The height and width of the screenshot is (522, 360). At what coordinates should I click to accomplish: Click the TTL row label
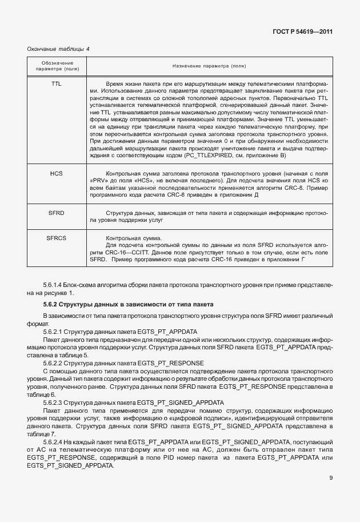click(57, 83)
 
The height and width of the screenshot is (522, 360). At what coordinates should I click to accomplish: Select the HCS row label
click(57, 173)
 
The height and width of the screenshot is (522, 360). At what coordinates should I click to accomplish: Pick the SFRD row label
click(57, 212)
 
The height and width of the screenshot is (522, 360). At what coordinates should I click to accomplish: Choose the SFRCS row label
click(57, 238)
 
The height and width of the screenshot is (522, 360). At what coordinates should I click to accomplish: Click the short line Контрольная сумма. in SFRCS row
click(134, 238)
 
